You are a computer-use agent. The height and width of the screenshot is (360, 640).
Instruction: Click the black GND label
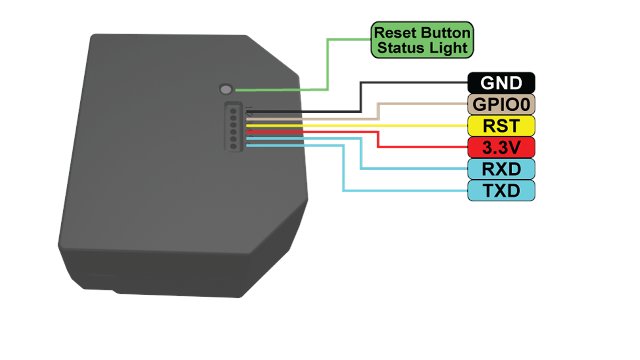point(501,83)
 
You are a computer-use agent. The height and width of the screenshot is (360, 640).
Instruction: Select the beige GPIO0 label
point(501,104)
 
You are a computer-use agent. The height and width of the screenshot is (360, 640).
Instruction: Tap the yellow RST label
point(501,126)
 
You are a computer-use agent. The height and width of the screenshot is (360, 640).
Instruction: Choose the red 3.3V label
point(501,147)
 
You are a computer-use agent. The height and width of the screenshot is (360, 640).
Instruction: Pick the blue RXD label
point(501,169)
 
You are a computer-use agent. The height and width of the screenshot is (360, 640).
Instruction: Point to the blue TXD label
point(501,191)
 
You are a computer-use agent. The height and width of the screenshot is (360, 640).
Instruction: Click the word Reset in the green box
point(395,33)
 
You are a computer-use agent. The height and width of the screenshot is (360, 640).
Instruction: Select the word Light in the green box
point(447,48)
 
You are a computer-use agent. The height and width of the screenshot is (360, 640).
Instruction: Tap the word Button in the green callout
point(445,33)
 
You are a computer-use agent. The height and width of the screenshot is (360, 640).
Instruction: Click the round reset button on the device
point(226,89)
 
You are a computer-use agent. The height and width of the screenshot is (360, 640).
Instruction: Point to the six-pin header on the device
point(234,127)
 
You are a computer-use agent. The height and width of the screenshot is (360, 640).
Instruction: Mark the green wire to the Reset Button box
point(327,65)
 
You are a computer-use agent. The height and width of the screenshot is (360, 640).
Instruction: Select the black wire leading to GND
point(360,97)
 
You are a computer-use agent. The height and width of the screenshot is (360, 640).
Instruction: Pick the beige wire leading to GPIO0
point(379,111)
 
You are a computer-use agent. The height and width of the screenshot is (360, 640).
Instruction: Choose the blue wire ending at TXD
point(343,167)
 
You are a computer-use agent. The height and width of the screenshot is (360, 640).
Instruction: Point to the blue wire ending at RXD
point(361,153)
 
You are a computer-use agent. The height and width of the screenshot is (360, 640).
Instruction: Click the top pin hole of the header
point(233,110)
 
